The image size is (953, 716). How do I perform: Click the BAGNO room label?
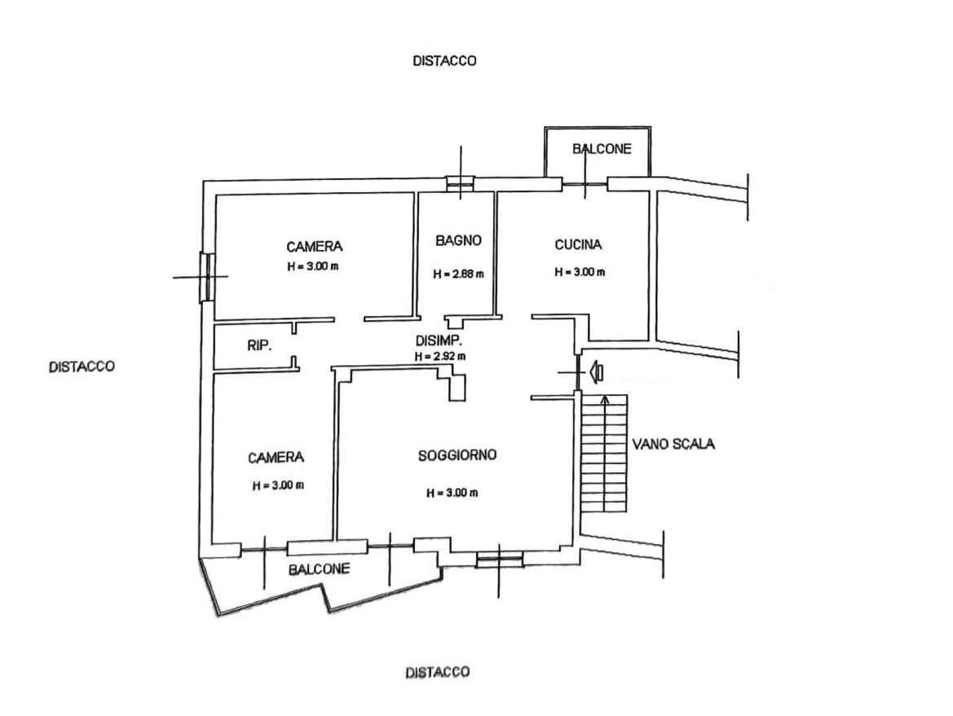(459, 240)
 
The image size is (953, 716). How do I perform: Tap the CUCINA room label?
(578, 244)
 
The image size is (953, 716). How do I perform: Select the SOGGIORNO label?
(457, 455)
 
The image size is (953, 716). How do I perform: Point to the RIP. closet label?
(259, 345)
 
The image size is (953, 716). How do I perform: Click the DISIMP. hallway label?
(439, 340)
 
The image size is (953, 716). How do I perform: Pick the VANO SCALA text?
(673, 444)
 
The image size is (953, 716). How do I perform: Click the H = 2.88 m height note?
(459, 274)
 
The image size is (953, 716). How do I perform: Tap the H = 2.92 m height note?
(441, 357)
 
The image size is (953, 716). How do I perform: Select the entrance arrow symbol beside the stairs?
(596, 371)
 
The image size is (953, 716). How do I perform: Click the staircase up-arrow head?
(605, 399)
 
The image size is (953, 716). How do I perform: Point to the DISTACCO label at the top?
(444, 61)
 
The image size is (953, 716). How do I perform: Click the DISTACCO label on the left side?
(82, 367)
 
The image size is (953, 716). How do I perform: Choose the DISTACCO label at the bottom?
(438, 672)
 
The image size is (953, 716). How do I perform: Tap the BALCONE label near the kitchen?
(602, 149)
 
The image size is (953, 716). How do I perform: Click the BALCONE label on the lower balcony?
(319, 569)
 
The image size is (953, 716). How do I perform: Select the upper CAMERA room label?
(314, 247)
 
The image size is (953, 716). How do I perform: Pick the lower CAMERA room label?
(276, 457)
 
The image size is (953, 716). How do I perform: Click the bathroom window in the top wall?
(460, 183)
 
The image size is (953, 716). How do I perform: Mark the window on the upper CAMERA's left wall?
(206, 278)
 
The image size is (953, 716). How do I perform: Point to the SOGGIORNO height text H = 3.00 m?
(452, 493)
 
